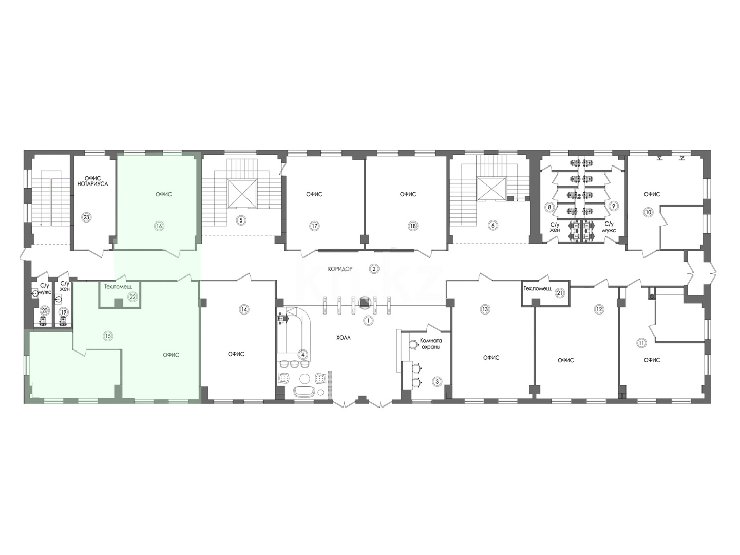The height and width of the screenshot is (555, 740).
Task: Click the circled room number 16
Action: [x=159, y=226]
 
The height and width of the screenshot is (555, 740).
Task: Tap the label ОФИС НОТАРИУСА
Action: [x=93, y=181]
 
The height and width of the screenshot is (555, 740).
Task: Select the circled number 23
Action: [x=86, y=217]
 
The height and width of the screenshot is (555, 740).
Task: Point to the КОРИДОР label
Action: [x=340, y=269]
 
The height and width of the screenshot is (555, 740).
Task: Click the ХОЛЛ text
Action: [x=344, y=338]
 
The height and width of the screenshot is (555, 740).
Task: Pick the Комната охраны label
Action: [x=431, y=343]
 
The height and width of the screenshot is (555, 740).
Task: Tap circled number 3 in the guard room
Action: [x=437, y=382]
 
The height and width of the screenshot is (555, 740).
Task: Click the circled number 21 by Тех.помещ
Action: [x=560, y=293]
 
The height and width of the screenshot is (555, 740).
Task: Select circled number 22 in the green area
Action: [x=133, y=297]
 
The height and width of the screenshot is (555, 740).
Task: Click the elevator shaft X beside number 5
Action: [x=242, y=193]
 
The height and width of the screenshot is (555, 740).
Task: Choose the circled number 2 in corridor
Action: [x=374, y=269]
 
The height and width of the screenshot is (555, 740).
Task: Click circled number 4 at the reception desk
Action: [x=303, y=354]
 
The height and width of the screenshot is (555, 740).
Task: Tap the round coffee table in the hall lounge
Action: [x=306, y=378]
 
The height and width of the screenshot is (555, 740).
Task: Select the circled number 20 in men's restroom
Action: [x=44, y=310]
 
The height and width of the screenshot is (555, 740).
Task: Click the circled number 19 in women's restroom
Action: [x=63, y=312]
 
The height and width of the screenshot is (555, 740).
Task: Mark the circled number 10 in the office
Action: [x=648, y=212]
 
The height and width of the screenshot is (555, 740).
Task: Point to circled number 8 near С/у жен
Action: [x=549, y=207]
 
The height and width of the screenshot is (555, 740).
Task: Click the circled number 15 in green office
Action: [x=108, y=336]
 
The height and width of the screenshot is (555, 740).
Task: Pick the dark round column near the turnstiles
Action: [x=365, y=302]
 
